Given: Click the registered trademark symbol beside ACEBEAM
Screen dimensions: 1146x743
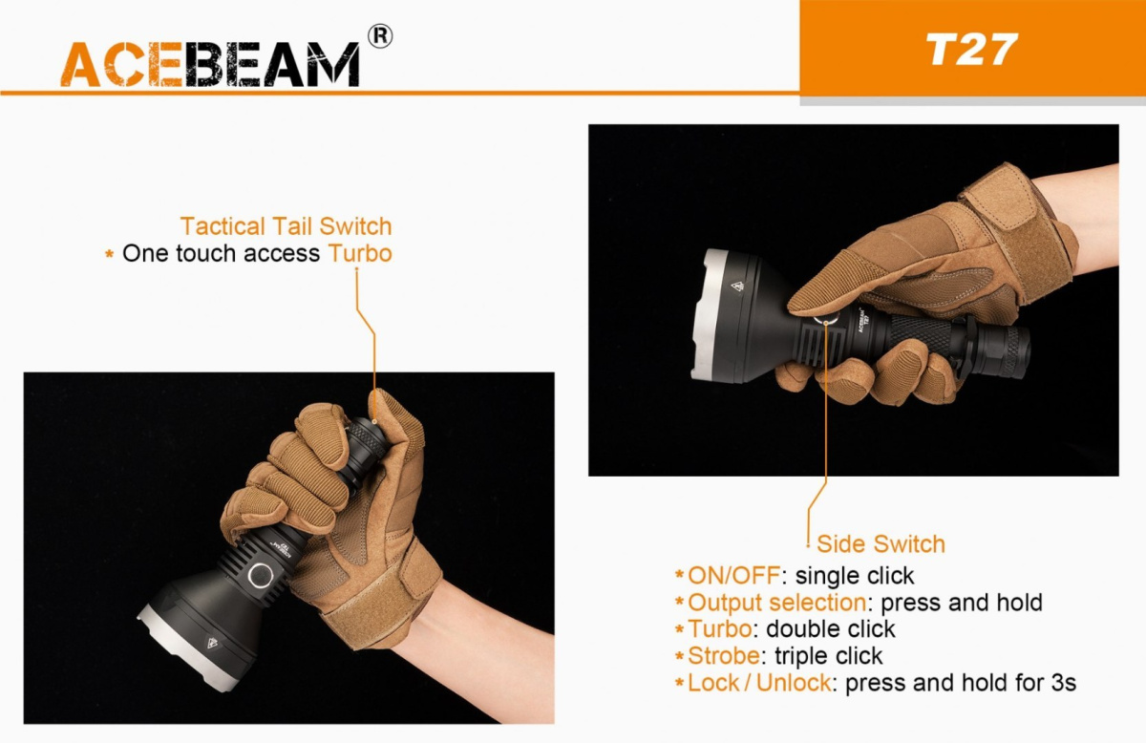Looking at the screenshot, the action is point(380,36).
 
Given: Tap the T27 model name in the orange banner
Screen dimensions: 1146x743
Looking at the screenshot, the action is point(971,50).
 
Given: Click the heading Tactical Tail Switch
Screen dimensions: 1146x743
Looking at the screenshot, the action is point(286,226).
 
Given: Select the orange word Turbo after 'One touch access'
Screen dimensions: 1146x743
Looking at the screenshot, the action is point(360,253).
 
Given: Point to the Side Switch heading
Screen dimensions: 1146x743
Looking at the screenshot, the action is point(881,544).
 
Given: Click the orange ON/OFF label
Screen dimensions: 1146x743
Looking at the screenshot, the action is point(733,576).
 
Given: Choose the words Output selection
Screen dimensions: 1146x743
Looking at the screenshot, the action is point(777,603).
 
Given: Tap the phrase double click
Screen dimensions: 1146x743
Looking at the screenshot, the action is point(831,629).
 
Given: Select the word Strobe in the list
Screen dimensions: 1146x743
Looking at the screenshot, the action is point(724,655).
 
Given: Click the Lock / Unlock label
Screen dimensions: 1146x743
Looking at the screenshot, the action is point(759,683).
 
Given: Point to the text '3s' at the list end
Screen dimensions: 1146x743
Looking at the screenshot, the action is point(1064,683).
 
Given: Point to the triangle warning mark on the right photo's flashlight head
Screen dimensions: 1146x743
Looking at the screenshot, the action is point(737,287).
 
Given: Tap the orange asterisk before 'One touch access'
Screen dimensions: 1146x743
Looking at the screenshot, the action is point(109,253).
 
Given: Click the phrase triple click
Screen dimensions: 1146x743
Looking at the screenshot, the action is point(829,655).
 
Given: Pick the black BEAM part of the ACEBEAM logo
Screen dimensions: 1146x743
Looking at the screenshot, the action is point(272,64).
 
